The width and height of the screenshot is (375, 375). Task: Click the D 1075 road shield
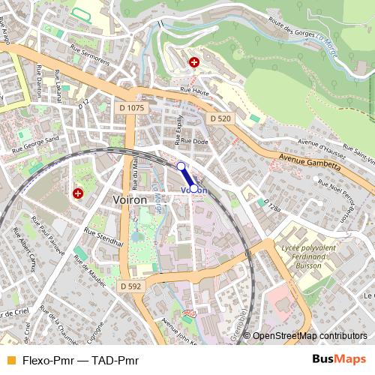click(x=131, y=108)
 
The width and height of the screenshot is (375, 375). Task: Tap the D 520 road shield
click(x=220, y=118)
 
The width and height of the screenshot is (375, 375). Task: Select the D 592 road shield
click(x=130, y=286)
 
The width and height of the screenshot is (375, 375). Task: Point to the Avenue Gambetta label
click(x=307, y=159)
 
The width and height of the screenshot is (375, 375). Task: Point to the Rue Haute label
click(x=192, y=89)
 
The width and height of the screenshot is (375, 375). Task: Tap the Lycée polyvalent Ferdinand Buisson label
click(x=301, y=256)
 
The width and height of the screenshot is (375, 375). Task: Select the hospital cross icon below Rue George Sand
click(x=77, y=193)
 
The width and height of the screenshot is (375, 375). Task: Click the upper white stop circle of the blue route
click(x=181, y=166)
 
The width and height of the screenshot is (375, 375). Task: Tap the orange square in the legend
click(x=10, y=360)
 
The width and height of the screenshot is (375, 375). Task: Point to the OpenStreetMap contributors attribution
click(x=310, y=336)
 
